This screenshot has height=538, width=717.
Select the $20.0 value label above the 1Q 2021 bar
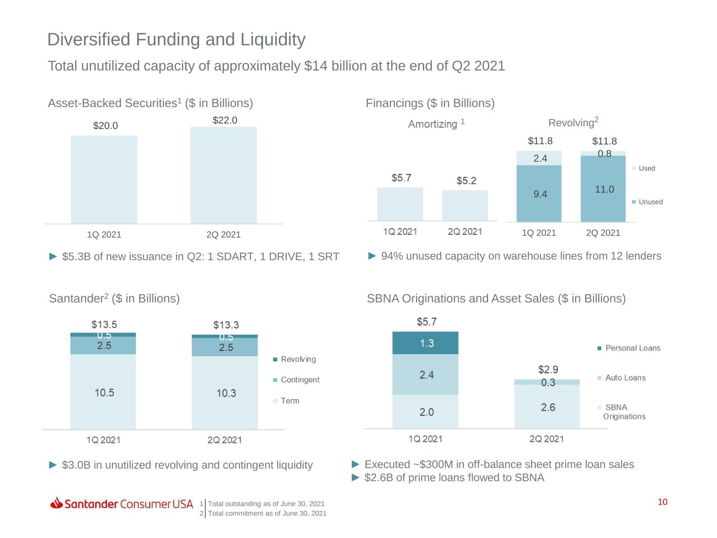(106, 126)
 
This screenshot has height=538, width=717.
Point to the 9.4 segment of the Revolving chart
(539, 194)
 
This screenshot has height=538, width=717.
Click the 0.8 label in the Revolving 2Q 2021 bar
(604, 153)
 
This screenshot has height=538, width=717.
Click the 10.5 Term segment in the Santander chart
(103, 392)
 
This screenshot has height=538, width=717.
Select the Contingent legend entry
(299, 380)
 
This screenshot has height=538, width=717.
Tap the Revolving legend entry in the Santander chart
(298, 359)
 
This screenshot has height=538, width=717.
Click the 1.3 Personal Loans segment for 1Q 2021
(425, 343)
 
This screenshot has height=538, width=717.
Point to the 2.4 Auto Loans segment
(425, 374)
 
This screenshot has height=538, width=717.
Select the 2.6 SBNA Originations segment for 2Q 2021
(547, 407)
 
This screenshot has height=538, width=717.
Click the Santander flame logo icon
(57, 503)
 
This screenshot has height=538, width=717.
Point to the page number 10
(662, 502)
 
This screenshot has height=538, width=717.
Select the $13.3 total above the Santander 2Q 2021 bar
(226, 325)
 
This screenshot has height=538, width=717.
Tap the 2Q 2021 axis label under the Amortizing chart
(465, 232)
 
